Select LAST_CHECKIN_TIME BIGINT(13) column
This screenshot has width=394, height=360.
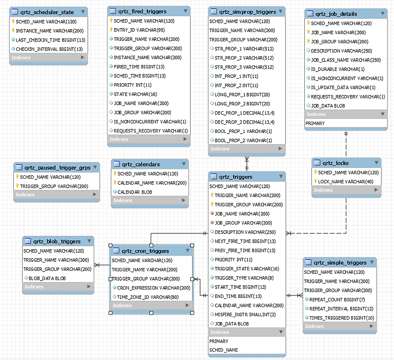pos(50,40)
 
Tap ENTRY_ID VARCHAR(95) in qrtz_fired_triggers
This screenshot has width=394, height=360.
pos(139,30)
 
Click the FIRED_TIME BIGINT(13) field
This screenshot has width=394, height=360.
pos(139,66)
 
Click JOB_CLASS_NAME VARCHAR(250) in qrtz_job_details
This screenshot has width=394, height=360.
pos(346,60)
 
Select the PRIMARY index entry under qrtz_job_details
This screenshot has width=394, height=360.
pos(315,123)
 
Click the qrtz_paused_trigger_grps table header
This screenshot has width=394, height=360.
pos(56,166)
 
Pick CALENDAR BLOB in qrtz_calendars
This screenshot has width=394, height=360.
pos(134,192)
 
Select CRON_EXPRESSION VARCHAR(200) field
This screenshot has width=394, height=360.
pos(154,288)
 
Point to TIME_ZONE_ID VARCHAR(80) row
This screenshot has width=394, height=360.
pos(148,297)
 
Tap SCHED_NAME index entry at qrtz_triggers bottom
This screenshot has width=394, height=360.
pos(224,350)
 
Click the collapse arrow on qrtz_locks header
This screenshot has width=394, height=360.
pos(374,163)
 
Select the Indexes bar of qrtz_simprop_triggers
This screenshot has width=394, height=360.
pos(246,149)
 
